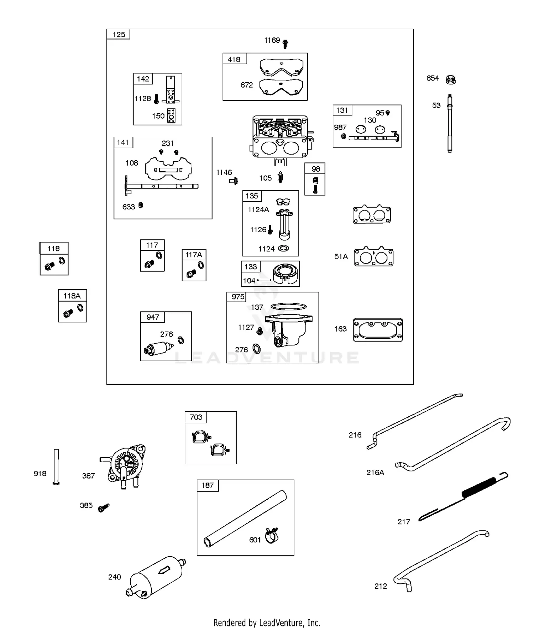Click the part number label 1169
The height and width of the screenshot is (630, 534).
(x=272, y=40)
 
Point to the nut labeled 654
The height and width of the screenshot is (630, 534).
(x=451, y=79)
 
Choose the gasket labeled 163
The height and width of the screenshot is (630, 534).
(x=378, y=330)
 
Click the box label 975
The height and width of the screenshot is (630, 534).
(x=238, y=297)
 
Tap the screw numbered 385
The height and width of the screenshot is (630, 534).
(x=104, y=507)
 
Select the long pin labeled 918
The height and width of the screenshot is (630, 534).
(x=56, y=466)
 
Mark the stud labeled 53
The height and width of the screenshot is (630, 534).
(x=450, y=124)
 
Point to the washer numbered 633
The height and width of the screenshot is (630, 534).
(x=141, y=205)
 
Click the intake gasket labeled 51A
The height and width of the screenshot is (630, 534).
(x=373, y=256)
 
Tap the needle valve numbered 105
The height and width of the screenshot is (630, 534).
(x=280, y=177)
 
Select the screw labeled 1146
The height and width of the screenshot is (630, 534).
(x=234, y=181)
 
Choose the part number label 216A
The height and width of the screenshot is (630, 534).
(x=375, y=472)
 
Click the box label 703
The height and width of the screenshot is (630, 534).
(x=196, y=417)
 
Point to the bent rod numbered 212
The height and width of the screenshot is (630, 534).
(x=441, y=561)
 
